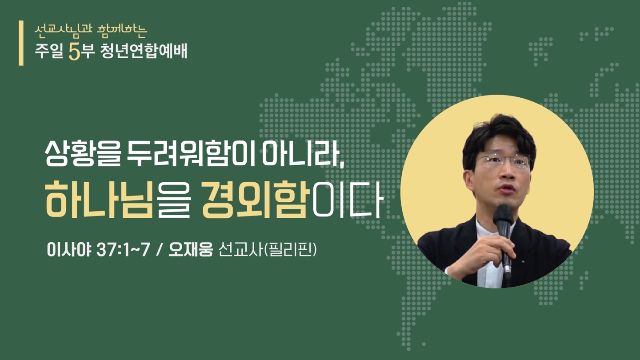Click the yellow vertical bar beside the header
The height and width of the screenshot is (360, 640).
[x=21, y=43]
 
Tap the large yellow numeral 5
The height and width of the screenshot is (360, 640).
[x=75, y=52]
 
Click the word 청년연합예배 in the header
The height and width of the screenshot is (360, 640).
[x=144, y=52]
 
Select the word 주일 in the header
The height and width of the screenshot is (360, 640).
[x=49, y=52]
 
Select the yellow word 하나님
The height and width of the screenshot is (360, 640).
[x=99, y=200]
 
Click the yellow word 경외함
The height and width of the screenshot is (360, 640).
[x=256, y=200]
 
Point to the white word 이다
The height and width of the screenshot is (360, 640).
[x=347, y=200]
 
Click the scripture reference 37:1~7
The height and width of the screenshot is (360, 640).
[x=124, y=250]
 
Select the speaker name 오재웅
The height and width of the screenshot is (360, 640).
[x=191, y=250]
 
